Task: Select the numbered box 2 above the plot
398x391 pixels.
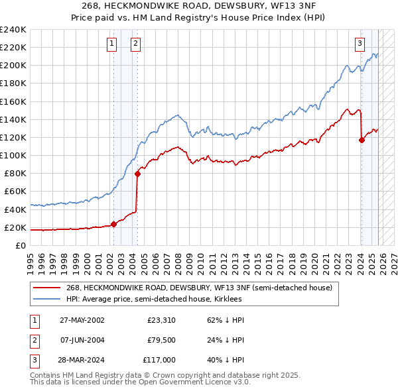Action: coord(135,44)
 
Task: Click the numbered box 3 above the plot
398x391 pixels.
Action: coord(360,44)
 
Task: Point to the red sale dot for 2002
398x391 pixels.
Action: coord(113,224)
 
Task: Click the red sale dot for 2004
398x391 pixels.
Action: coord(137,174)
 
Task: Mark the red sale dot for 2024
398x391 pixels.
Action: coord(362,140)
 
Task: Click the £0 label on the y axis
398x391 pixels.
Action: coord(21,245)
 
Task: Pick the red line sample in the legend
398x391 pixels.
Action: coord(48,288)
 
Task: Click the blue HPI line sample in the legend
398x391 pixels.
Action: coord(48,300)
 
